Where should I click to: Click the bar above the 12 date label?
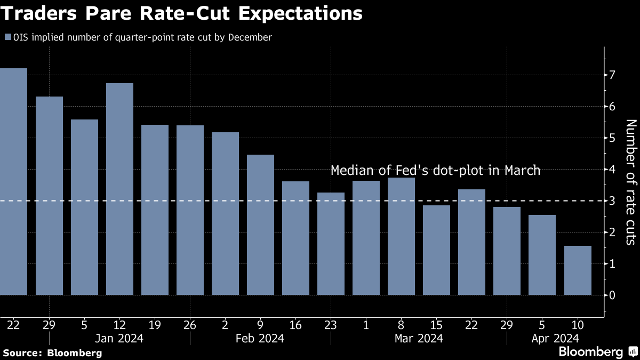click(119, 189)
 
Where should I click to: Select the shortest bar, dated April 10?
click(578, 270)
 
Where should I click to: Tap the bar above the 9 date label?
click(260, 225)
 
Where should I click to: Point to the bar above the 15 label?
click(436, 250)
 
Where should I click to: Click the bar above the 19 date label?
click(155, 210)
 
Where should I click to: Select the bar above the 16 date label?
click(295, 238)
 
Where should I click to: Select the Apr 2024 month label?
click(555, 338)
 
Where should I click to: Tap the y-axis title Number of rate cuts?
click(631, 182)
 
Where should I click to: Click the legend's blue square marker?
click(7, 37)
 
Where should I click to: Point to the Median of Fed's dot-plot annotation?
click(436, 171)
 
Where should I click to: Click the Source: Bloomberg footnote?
click(52, 353)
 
